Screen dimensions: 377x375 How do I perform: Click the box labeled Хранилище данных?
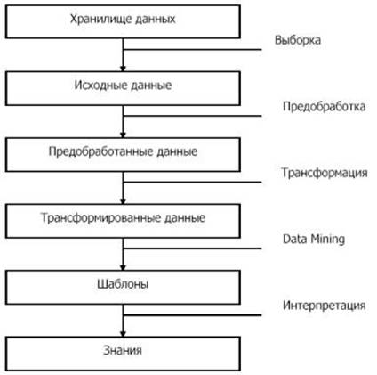click(123, 21)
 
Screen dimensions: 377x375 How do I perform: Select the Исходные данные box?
click(123, 88)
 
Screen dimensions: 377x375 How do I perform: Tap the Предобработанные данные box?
click(123, 155)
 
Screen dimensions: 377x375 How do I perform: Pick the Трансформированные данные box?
click(123, 221)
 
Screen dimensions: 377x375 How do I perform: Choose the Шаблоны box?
click(123, 288)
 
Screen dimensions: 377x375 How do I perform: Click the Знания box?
click(123, 354)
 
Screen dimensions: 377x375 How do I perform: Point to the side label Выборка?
click(298, 40)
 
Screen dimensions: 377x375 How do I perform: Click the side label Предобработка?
click(324, 106)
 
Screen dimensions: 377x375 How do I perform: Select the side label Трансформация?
click(325, 173)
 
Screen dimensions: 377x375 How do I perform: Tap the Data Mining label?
click(314, 240)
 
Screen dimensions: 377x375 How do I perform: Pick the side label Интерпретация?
click(324, 306)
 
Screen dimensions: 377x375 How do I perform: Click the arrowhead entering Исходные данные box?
click(123, 69)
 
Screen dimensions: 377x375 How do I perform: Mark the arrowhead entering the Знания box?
click(123, 334)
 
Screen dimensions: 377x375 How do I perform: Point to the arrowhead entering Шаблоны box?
click(123, 267)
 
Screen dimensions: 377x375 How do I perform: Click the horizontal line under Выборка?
click(192, 50)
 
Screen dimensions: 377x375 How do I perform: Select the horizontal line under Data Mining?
click(192, 249)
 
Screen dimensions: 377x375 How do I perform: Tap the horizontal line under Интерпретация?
click(192, 315)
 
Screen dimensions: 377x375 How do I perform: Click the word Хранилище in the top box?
click(100, 20)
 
